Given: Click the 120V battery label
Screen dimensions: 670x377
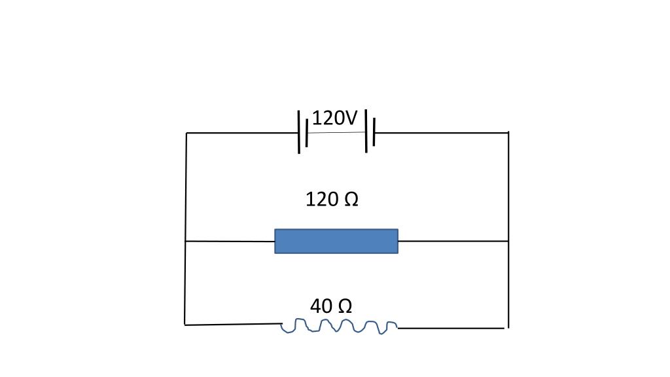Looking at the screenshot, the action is point(335,118).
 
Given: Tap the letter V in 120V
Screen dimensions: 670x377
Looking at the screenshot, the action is point(351,118).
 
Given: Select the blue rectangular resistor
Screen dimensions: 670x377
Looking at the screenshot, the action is point(336,241).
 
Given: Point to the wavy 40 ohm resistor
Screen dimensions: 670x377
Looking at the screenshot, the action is point(338,325).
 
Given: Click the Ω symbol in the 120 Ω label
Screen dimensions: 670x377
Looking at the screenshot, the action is point(351,199).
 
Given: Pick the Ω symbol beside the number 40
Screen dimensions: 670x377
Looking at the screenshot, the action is point(344,306).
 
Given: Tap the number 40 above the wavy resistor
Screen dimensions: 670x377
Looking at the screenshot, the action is point(321,306).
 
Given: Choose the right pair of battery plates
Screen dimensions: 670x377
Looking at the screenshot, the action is point(370,131).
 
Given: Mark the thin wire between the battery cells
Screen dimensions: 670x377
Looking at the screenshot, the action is point(336,133).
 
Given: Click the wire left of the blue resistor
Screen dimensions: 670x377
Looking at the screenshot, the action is point(230,242).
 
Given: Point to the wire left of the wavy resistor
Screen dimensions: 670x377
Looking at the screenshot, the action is point(233,324).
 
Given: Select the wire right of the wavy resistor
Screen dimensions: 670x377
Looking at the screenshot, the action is point(451,328).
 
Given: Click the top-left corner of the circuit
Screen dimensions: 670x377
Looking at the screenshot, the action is point(186,133).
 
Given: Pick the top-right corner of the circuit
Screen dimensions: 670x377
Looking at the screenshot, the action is point(508,133).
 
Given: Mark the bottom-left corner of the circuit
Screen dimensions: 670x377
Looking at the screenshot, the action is point(185,325).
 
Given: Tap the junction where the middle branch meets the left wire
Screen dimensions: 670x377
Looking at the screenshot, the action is point(186,242).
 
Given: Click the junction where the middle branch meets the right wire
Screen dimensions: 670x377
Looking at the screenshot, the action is point(508,241).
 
